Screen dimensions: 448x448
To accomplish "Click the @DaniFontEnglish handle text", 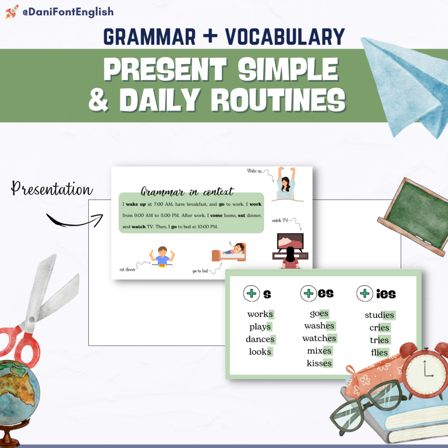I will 68,12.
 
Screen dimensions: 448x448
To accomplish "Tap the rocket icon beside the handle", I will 12,12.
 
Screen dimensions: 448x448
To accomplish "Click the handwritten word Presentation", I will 52,189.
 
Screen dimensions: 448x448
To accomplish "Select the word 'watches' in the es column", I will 319,338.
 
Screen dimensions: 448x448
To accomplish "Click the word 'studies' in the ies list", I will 379,315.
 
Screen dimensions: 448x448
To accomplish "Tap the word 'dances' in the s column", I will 260,339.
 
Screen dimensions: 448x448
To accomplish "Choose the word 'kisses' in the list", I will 319,363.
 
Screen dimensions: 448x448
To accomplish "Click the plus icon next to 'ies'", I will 365,293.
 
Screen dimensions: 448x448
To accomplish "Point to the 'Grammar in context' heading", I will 187,192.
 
